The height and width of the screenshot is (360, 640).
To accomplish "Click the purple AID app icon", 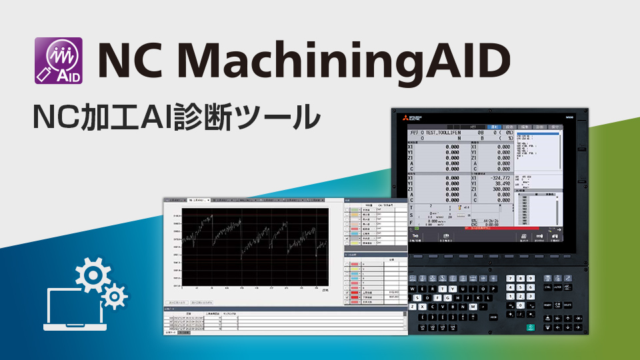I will point(58,60).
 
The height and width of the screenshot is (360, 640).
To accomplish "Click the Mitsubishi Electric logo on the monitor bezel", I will point(405,117).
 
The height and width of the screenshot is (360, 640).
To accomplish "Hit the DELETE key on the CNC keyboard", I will point(570,305).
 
